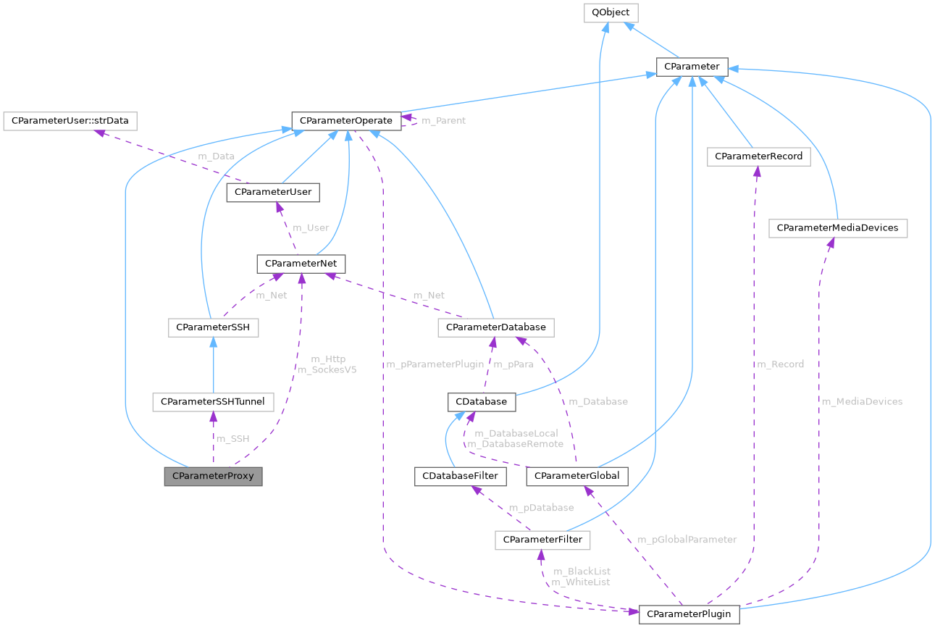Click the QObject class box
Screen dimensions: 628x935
point(611,12)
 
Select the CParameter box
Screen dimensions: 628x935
point(692,67)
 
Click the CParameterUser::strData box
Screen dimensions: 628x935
point(70,120)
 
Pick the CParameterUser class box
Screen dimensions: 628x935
point(273,192)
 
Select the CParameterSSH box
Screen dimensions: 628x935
point(213,327)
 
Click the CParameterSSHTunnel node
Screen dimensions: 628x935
point(212,401)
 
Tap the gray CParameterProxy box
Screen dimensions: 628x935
point(213,476)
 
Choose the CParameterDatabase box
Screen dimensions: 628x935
point(495,327)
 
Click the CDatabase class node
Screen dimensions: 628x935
point(482,401)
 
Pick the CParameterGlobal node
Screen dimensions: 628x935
point(576,476)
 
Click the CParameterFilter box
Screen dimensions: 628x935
point(542,540)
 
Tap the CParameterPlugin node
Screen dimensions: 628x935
point(689,614)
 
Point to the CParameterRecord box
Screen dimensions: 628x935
point(758,156)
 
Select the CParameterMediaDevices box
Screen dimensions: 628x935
point(837,227)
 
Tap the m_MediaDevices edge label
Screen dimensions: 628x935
point(861,401)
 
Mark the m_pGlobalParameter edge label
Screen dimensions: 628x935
point(687,540)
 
